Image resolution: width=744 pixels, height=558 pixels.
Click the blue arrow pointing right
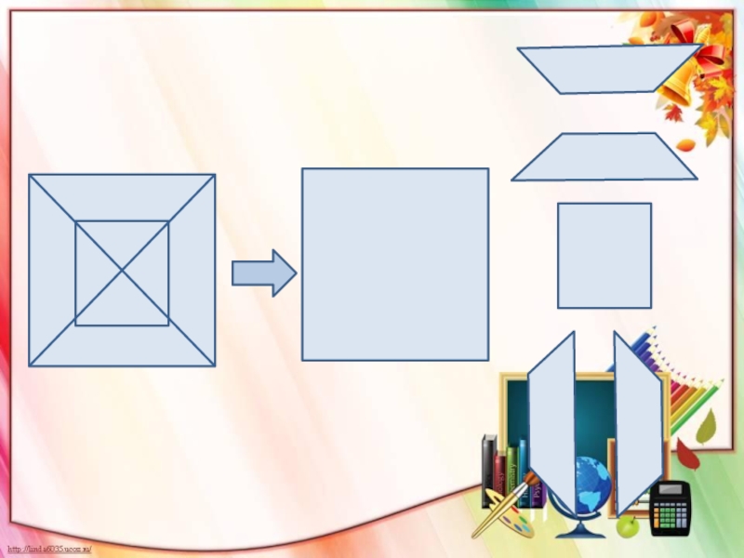[x=264, y=273]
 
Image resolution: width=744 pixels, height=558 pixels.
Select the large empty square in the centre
[x=395, y=264]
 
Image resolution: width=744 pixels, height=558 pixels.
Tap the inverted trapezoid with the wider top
[x=609, y=69]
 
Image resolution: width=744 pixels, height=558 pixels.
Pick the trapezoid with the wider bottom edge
[x=604, y=157]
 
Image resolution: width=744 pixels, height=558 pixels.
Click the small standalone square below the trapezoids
[x=604, y=255]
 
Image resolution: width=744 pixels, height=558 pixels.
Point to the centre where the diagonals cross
[x=122, y=271]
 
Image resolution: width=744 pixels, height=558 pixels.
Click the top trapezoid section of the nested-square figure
[x=122, y=196]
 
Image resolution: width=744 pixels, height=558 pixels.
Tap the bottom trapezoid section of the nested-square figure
[x=122, y=346]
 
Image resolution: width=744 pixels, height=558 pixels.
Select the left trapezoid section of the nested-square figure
[x=51, y=271]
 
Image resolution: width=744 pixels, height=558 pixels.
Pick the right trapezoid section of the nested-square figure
[x=193, y=271]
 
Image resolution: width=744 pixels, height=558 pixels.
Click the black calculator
[x=671, y=508]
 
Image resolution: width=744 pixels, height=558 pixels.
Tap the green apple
[x=629, y=526]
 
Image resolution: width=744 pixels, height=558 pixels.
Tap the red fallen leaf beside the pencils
[x=686, y=455]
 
